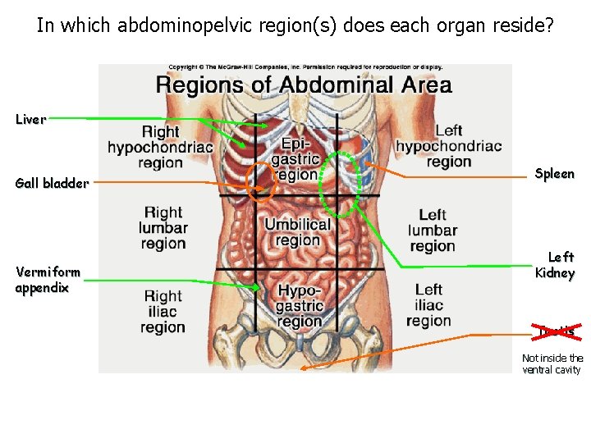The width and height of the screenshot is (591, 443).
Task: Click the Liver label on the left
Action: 30,120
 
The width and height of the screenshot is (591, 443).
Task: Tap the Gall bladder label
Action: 52,184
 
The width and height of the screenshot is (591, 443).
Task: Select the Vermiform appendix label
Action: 48,280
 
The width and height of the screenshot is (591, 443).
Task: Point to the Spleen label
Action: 554,174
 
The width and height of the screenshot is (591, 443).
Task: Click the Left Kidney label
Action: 554,265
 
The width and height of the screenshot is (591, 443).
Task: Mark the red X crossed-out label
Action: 555,331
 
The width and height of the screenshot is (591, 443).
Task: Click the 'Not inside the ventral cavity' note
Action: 552,363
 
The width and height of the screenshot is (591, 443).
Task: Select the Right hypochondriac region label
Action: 160,147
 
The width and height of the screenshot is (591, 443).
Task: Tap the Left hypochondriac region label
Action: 448,146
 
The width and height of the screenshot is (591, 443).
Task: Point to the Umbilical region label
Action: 297,232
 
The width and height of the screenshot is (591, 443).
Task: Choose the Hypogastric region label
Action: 300,306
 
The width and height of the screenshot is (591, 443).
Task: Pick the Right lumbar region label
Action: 163,227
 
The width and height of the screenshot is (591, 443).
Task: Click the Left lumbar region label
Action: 433,231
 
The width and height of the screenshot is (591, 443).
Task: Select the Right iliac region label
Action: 163,312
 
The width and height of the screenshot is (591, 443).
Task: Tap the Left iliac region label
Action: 428,304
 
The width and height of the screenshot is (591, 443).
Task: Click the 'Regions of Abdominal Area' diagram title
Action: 304,84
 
